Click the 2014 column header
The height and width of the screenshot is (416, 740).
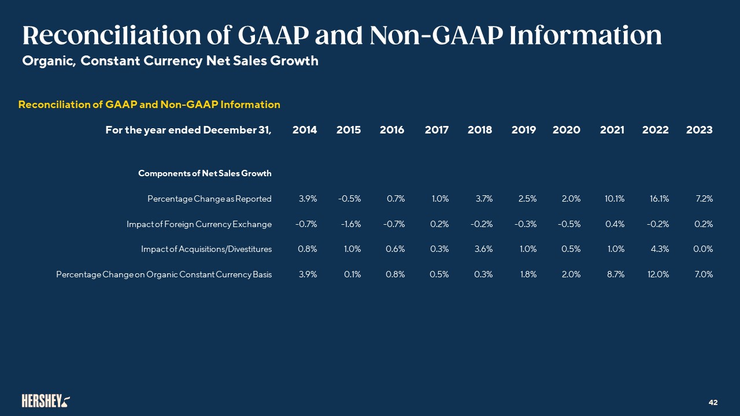point(305,130)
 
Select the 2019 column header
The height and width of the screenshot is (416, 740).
point(524,130)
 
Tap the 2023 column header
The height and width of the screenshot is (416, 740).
point(700,130)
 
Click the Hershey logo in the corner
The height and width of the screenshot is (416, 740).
point(46,401)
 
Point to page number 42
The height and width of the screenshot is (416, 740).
point(713,403)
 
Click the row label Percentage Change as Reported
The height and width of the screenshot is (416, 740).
point(209,199)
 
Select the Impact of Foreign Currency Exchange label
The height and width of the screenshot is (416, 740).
point(199,224)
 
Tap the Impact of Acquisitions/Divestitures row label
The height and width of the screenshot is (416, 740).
point(206,249)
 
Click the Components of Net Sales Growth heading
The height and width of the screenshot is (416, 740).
point(205,173)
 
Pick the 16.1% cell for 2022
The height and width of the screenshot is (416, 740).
point(660,199)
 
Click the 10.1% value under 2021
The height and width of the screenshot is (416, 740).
point(615,199)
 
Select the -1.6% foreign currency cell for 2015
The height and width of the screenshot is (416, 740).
point(351,224)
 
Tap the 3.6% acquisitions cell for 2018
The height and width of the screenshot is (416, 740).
point(484,249)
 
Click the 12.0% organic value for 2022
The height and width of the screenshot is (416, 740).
point(658,274)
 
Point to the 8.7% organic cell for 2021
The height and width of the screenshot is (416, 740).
point(616,274)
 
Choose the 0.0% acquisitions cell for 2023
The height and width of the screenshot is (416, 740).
point(703,249)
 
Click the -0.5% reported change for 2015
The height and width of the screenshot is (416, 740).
point(350,199)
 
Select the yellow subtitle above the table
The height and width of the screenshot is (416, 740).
point(149,105)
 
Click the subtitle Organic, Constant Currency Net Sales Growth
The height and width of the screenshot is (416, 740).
point(170,61)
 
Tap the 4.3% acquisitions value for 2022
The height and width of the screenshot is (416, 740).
point(660,249)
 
